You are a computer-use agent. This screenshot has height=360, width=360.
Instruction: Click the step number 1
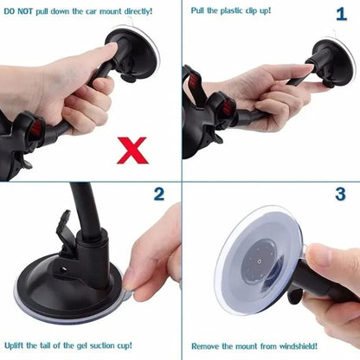(x=340, y=15)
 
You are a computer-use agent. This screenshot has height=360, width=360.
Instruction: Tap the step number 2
(x=159, y=194)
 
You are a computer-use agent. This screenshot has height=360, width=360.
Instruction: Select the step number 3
(x=339, y=194)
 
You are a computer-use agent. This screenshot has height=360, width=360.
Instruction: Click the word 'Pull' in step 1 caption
(x=198, y=11)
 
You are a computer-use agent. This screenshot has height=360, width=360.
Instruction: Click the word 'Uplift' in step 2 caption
(x=18, y=345)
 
